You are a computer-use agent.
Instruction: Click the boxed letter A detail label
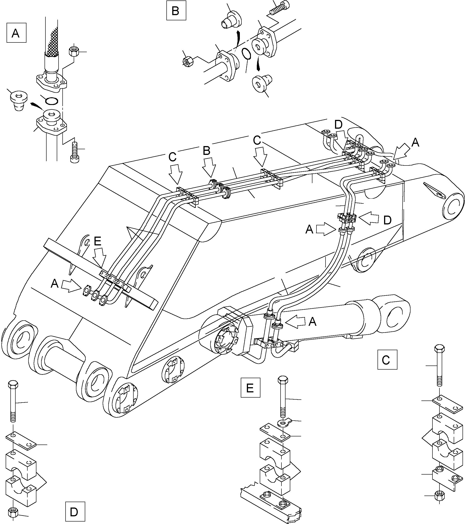tap(16, 33)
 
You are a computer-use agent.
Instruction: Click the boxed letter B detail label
tap(176, 11)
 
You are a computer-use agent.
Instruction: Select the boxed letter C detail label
tap(387, 359)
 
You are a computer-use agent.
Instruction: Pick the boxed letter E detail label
tap(250, 387)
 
